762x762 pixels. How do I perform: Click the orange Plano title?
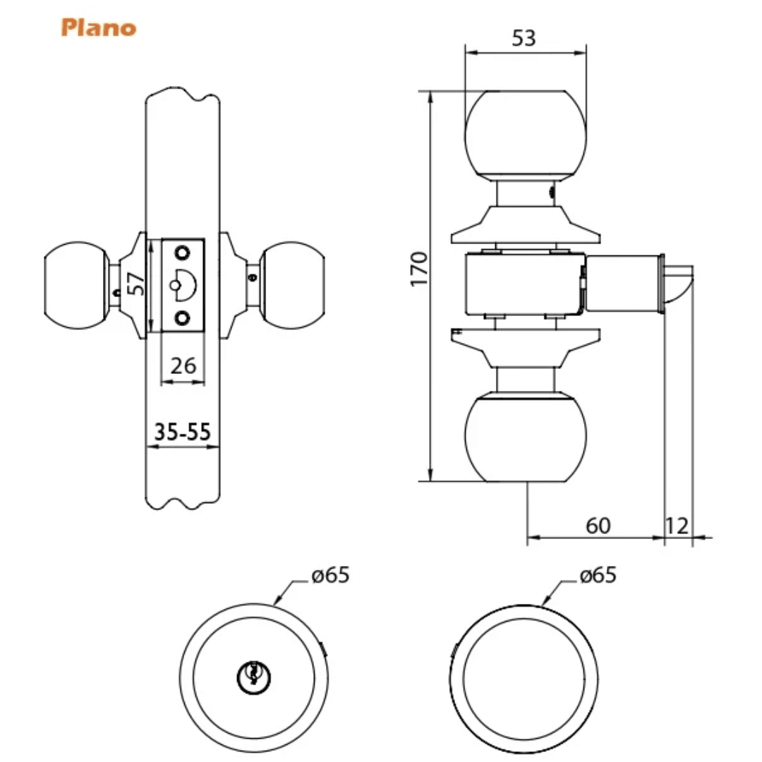98,28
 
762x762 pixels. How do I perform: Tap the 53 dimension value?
524,39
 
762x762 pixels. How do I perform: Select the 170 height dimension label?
419,268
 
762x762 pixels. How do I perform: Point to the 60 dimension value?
598,526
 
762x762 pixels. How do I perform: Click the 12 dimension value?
677,526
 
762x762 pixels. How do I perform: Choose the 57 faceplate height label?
138,284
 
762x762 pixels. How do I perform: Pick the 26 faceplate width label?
183,366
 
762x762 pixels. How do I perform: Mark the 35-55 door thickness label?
183,432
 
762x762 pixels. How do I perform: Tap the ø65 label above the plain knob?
598,576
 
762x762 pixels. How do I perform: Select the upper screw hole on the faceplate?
183,253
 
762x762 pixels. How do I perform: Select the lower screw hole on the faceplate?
183,318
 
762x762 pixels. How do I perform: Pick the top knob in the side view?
526,133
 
